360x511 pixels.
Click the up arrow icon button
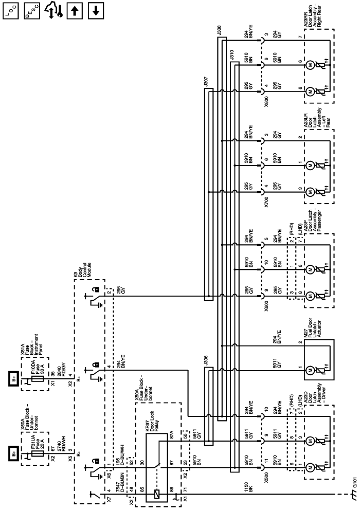[x=73, y=10]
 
